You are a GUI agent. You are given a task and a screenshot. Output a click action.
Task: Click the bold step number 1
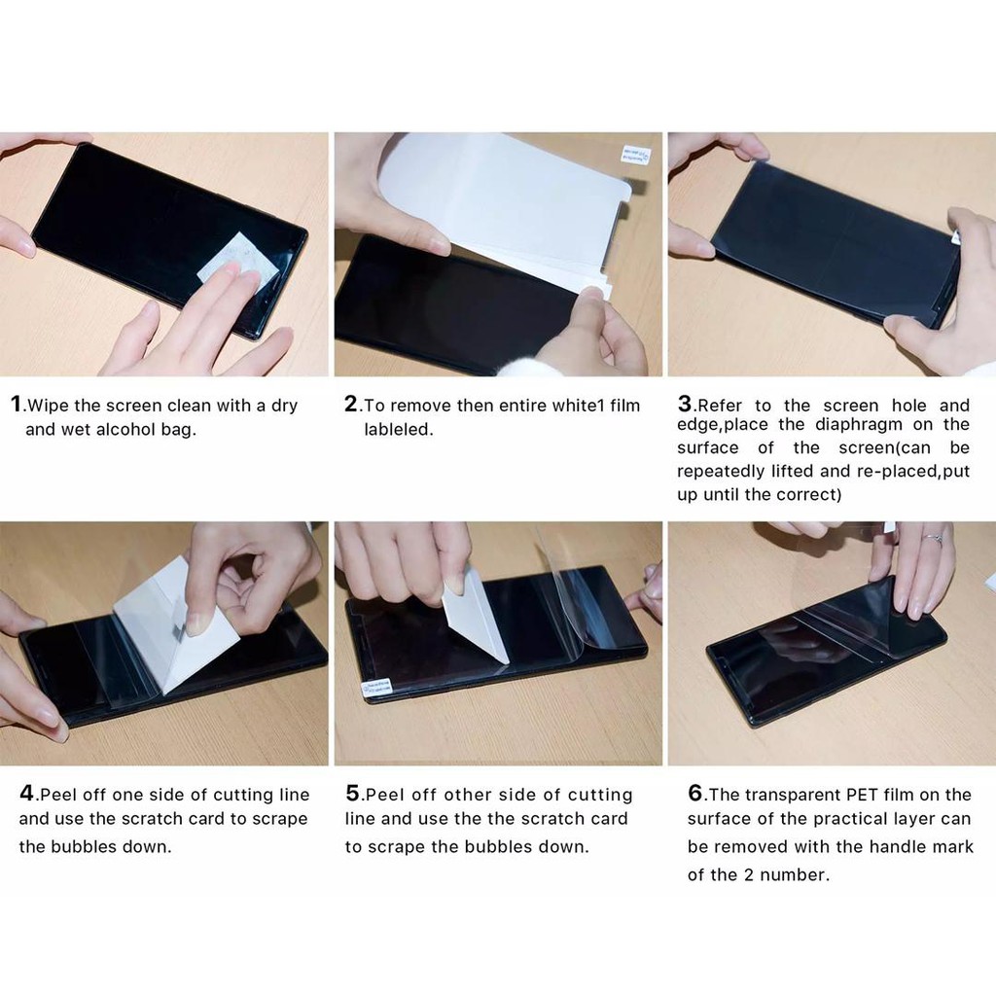coord(17,405)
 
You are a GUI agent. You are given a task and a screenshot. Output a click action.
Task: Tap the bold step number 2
coord(351,405)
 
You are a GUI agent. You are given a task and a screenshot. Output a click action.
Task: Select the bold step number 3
coord(685,404)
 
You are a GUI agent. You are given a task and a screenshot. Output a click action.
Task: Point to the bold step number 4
coord(28,793)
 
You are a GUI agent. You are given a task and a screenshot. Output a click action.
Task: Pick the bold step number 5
coord(354,794)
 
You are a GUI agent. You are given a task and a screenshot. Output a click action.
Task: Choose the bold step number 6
coord(695,794)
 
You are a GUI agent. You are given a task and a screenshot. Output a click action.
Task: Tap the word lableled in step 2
coord(399,429)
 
